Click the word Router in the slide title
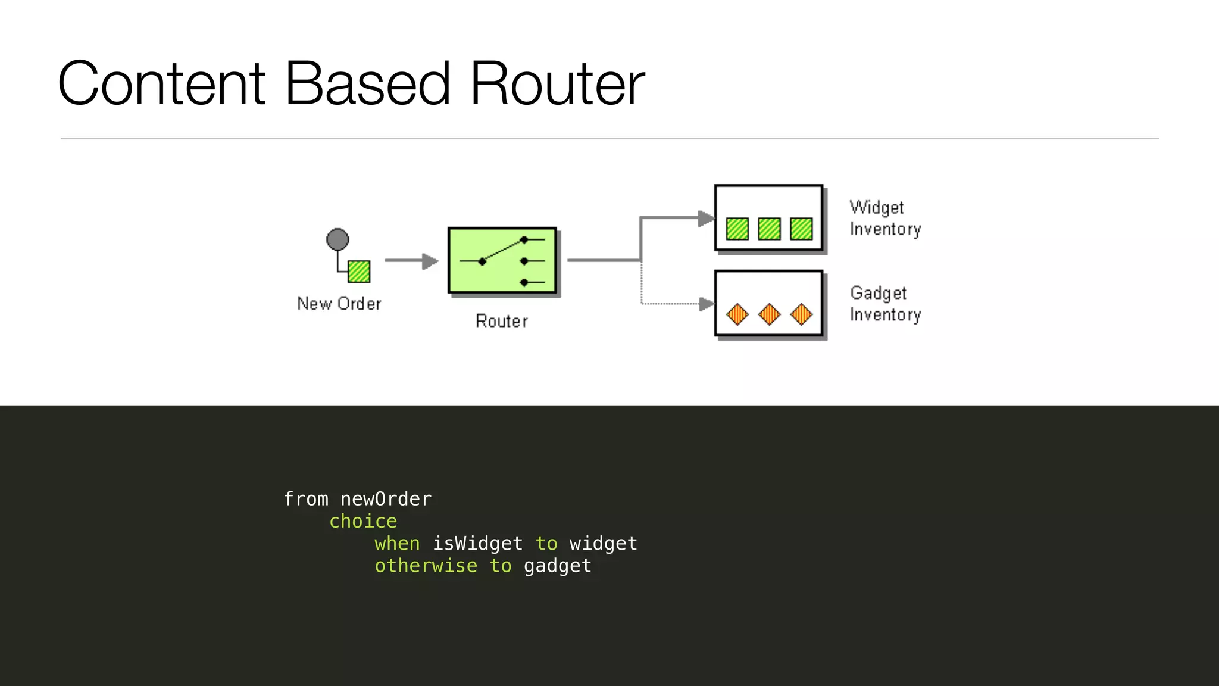click(557, 84)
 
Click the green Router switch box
click(502, 260)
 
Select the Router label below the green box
click(501, 322)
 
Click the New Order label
click(339, 304)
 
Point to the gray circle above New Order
click(337, 239)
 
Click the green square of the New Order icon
click(359, 272)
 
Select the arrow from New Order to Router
click(411, 261)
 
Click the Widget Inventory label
click(884, 218)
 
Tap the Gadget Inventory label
click(884, 304)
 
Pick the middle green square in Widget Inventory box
click(769, 229)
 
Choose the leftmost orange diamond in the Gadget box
click(737, 314)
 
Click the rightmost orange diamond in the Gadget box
click(801, 314)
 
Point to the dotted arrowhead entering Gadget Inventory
click(707, 304)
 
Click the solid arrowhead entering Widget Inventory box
click(706, 219)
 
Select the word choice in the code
click(363, 521)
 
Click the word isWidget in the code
click(477, 543)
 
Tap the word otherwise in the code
click(426, 566)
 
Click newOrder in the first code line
click(386, 499)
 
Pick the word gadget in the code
click(558, 566)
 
